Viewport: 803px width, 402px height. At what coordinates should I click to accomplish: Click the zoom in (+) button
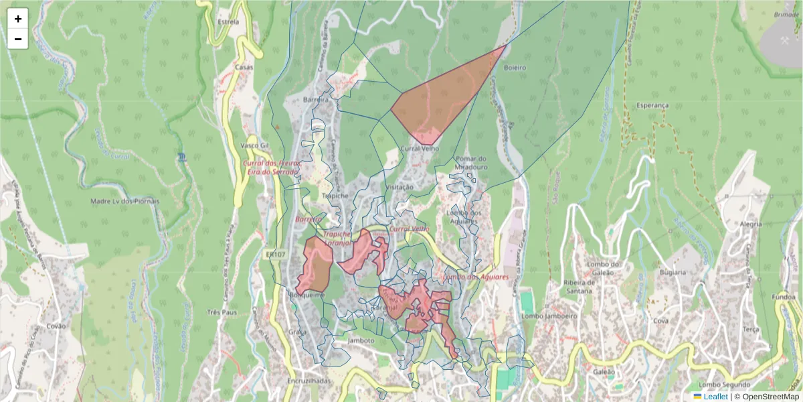click(x=18, y=19)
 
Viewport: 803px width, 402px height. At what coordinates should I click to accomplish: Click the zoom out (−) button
click(x=18, y=39)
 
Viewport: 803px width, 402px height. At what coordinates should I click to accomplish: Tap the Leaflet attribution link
click(x=715, y=397)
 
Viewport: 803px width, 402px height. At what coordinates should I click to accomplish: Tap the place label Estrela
click(x=228, y=21)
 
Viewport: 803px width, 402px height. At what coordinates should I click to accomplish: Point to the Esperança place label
click(x=652, y=106)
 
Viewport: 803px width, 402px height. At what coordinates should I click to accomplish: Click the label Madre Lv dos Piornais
click(x=124, y=201)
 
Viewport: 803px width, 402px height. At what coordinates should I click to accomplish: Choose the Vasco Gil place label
click(x=254, y=145)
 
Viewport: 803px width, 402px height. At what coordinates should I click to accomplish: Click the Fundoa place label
click(x=783, y=297)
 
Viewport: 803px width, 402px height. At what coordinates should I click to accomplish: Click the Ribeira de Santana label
click(x=580, y=287)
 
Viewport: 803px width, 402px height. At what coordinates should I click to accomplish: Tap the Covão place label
click(x=56, y=326)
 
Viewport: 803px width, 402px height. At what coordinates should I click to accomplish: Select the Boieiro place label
click(x=515, y=68)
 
